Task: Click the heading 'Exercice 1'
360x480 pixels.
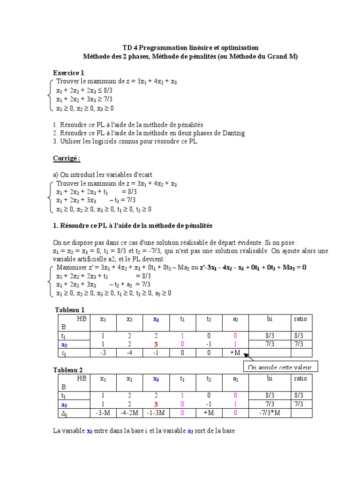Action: (68, 73)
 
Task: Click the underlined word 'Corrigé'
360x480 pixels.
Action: (66, 158)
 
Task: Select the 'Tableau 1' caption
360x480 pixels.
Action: (69, 310)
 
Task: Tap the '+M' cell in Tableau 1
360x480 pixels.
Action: (235, 352)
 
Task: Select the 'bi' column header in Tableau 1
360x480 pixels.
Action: (270, 319)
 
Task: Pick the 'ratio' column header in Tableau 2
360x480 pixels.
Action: (300, 379)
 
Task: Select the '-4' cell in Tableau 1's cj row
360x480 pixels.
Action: (129, 352)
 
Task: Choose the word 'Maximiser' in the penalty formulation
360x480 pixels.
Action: (71, 268)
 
